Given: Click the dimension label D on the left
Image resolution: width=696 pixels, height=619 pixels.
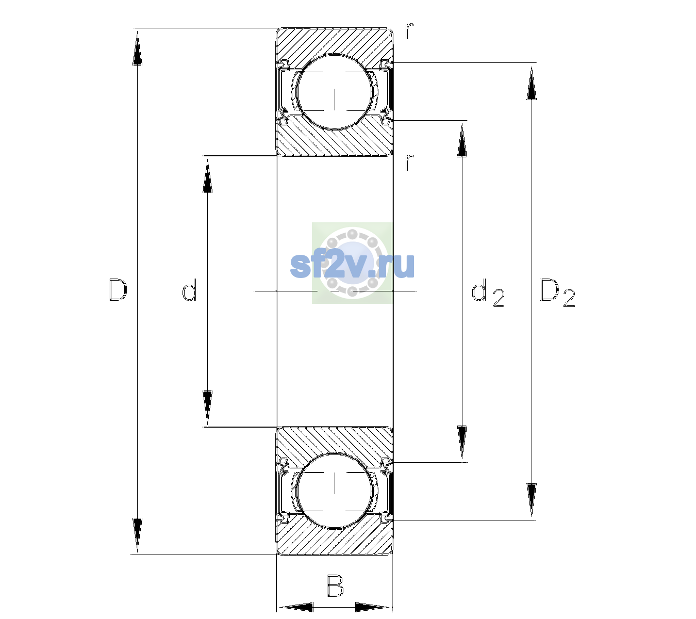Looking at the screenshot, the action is pos(118,290).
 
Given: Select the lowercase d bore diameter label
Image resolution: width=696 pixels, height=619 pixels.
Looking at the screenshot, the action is pos(189,289).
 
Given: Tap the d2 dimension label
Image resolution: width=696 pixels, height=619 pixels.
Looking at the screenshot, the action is pos(488,292).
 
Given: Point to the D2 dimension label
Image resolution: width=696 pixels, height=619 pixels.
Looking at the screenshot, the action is pos(557,292).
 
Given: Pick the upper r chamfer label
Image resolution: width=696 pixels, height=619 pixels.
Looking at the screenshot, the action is pos(409,31).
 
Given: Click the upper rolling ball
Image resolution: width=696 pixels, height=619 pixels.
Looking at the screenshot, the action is pos(335,92).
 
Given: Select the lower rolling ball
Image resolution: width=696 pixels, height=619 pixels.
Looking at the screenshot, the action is pos(335,490).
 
